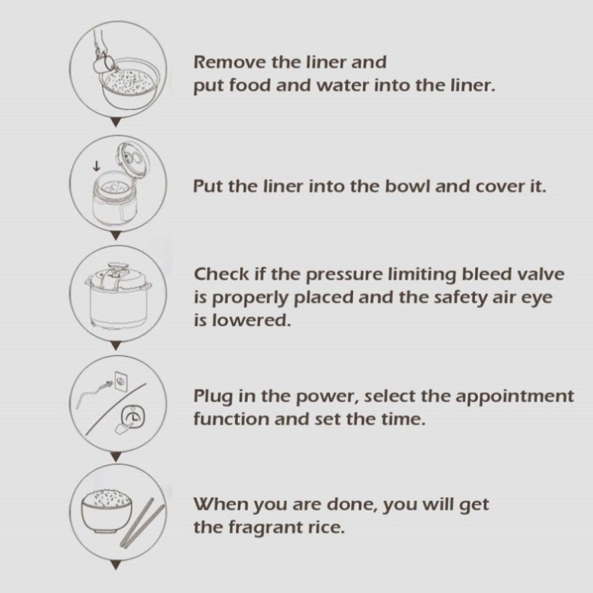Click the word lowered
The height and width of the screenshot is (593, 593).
[251, 320]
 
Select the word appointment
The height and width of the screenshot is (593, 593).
[515, 396]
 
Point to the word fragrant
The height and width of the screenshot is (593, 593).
[265, 528]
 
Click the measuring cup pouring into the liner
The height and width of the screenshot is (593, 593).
[103, 63]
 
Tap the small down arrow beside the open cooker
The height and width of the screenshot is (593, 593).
[97, 166]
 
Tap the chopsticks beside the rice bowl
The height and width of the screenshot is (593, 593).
[142, 523]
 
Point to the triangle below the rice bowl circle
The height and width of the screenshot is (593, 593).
[117, 566]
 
